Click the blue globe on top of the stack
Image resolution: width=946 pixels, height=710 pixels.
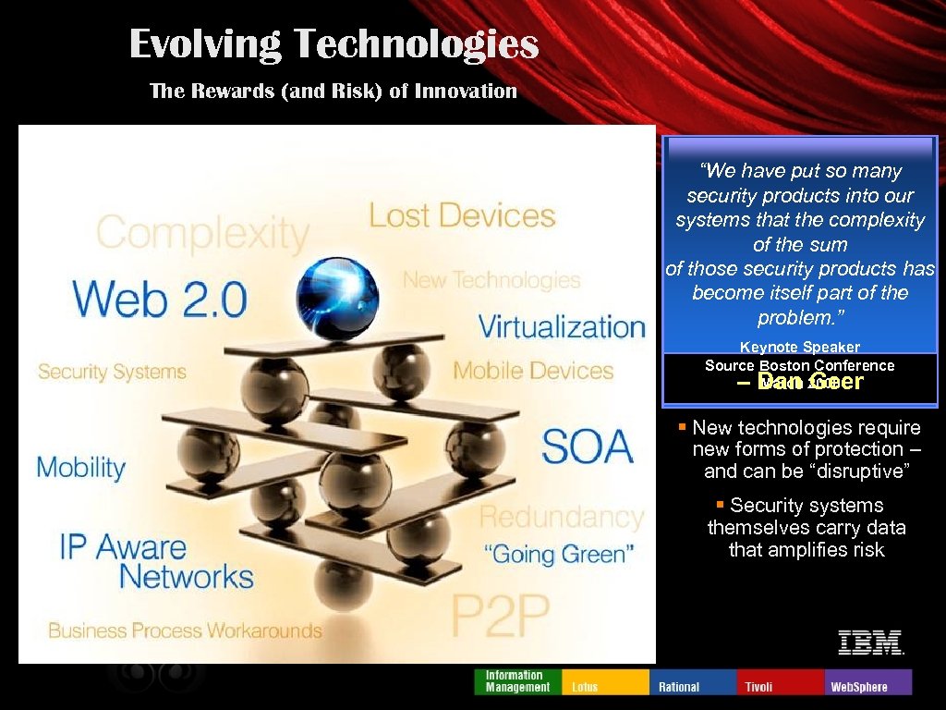click(x=337, y=298)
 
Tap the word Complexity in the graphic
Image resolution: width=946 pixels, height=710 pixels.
click(x=202, y=232)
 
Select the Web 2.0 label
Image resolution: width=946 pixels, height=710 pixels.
click(x=160, y=300)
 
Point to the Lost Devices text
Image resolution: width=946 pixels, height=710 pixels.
click(x=462, y=215)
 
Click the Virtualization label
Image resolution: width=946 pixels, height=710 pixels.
click(x=562, y=326)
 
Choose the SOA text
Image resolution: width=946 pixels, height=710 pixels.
click(x=588, y=447)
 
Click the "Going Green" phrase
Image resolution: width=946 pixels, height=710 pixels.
click(x=559, y=555)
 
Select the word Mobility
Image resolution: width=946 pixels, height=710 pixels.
click(x=81, y=466)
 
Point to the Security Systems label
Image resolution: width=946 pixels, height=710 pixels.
click(x=112, y=373)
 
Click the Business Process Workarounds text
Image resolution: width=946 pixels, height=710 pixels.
click(x=185, y=631)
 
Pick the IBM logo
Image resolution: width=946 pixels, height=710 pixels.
click(x=870, y=643)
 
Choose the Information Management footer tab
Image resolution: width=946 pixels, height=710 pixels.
click(x=517, y=681)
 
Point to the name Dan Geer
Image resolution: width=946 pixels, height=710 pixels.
click(x=809, y=382)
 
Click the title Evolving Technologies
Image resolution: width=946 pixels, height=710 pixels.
click(x=334, y=43)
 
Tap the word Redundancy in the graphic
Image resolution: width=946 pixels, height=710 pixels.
click(x=562, y=516)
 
